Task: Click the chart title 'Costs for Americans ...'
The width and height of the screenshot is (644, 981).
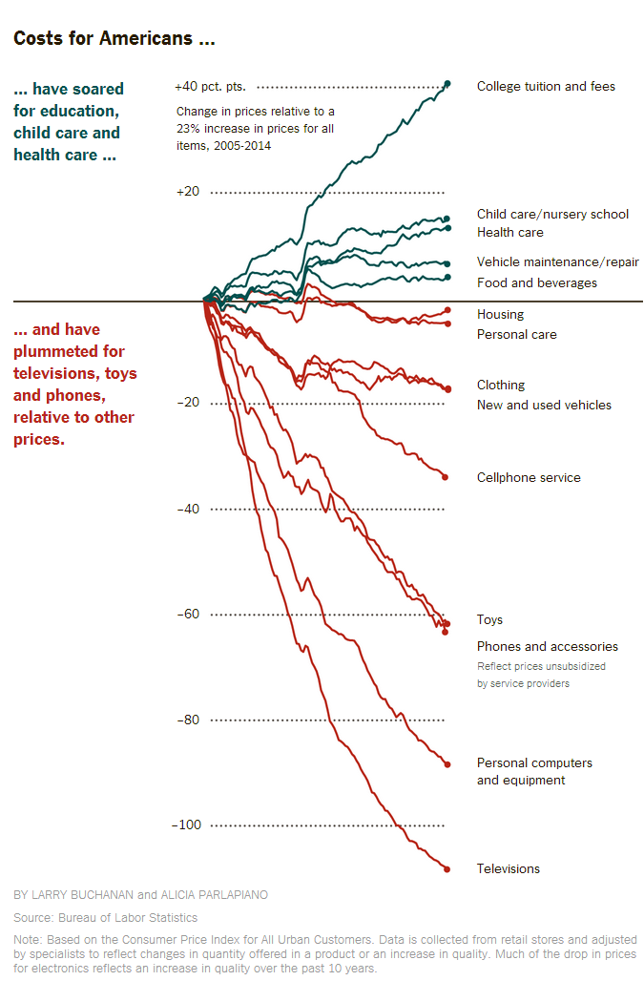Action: tap(114, 39)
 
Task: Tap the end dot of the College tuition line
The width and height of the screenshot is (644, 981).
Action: tap(447, 85)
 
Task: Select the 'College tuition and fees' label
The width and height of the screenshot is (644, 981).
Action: tap(546, 87)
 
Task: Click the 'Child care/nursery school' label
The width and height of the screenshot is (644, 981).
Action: tap(552, 215)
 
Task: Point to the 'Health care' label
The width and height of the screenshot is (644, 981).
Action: tap(509, 233)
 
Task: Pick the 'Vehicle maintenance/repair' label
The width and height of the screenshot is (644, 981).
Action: tap(557, 262)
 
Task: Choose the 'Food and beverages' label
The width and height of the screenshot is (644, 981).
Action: tap(536, 283)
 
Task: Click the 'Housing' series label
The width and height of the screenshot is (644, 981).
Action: tap(500, 315)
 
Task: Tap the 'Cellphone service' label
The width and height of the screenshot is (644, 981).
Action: tap(529, 478)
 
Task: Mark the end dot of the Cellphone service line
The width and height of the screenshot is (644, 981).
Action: tap(446, 476)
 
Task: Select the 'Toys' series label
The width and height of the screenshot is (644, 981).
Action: tap(489, 620)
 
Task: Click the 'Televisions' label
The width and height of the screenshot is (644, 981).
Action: tap(508, 869)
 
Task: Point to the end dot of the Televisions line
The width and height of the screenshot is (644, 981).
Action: tap(446, 868)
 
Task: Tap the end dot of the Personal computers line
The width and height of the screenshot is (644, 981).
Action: tap(447, 763)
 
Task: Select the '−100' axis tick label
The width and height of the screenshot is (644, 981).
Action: tap(188, 825)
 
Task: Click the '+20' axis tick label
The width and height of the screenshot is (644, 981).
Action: tap(188, 192)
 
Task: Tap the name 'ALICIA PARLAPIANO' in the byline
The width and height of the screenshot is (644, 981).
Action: tap(215, 895)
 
